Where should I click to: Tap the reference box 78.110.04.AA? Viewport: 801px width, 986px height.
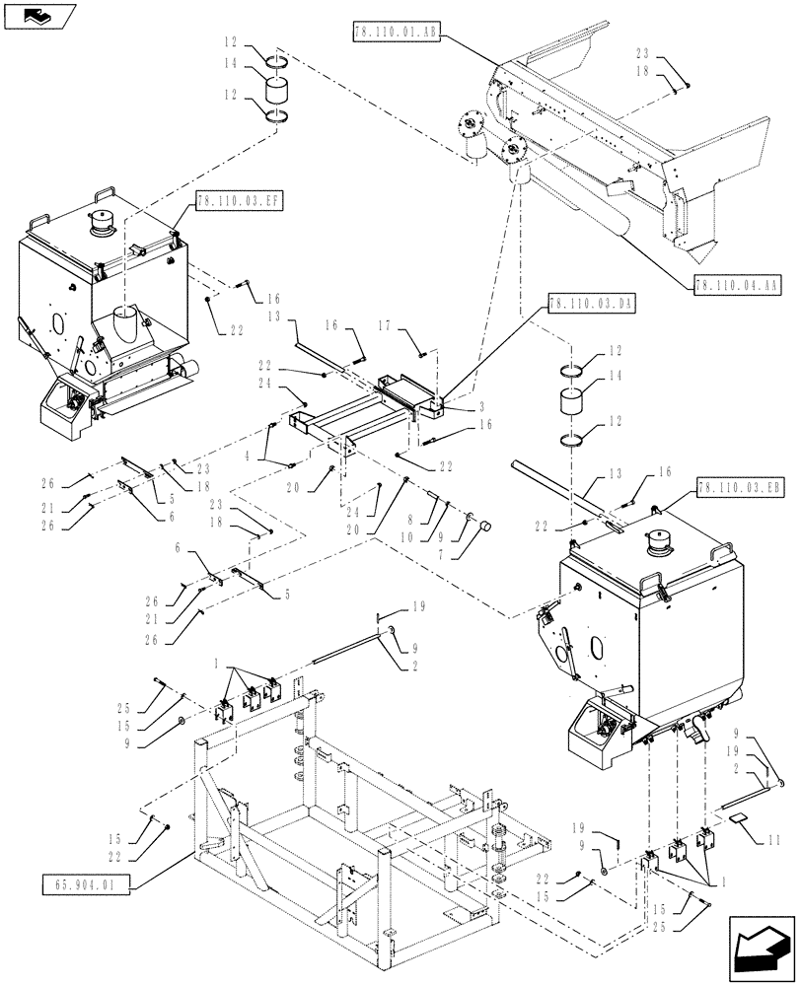[x=737, y=285]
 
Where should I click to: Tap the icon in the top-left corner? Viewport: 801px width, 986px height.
[x=36, y=14]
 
